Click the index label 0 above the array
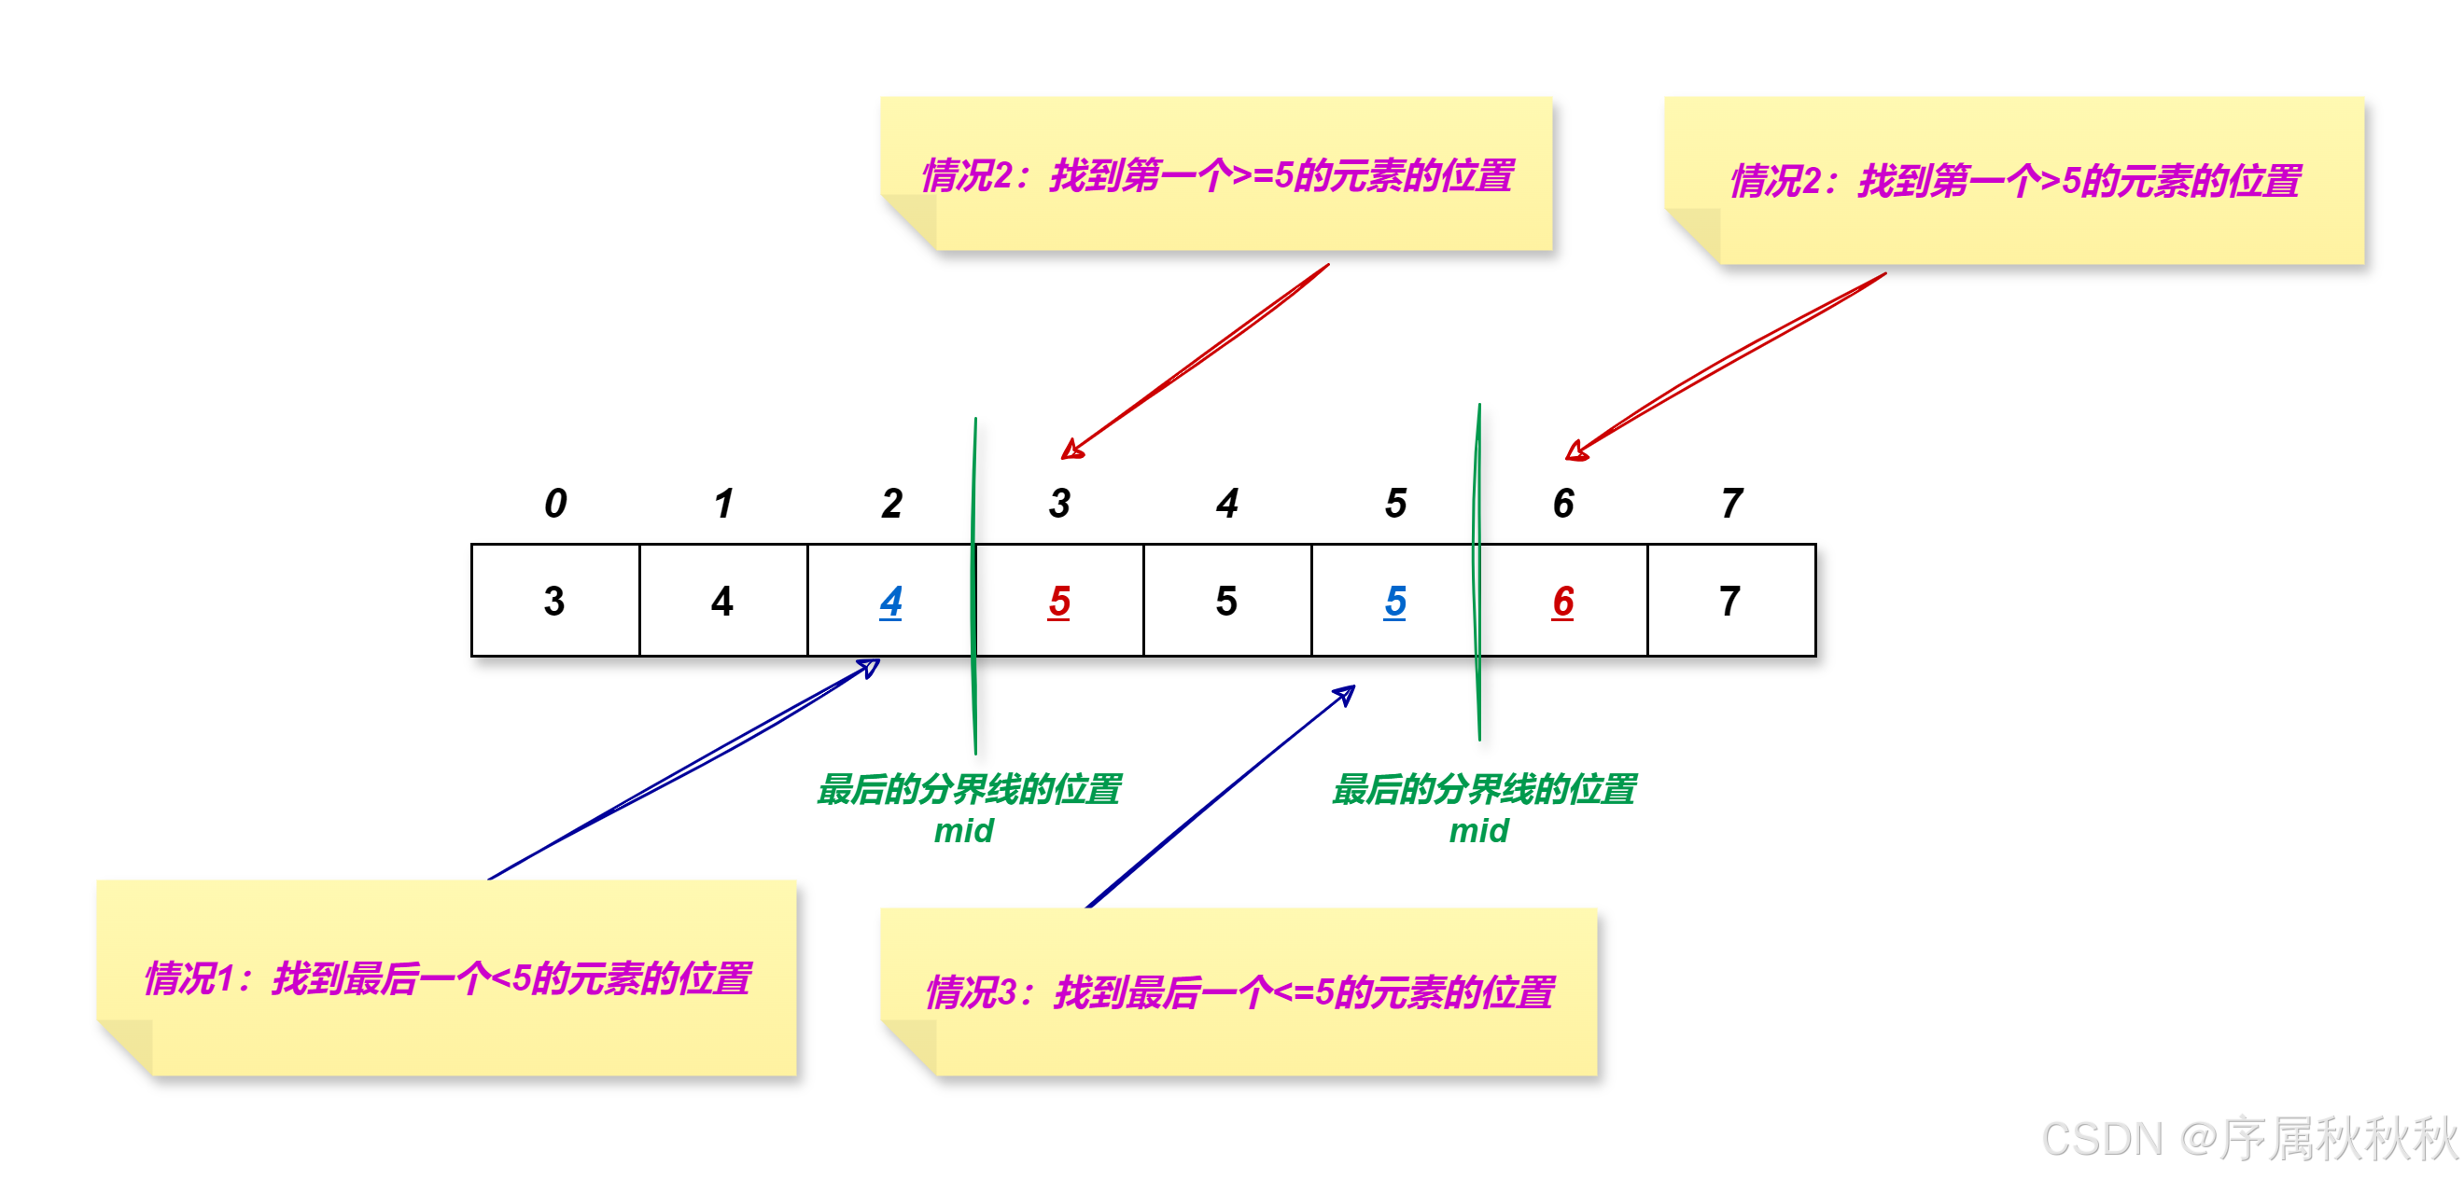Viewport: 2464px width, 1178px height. (x=555, y=503)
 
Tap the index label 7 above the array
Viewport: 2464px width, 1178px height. (x=1731, y=503)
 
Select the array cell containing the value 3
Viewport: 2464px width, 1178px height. (x=554, y=602)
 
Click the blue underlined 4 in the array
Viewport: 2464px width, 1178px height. (x=890, y=602)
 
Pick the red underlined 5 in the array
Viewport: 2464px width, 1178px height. (x=1059, y=602)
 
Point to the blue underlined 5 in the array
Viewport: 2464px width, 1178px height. (x=1394, y=602)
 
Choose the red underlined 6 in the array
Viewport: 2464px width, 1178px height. (x=1563, y=602)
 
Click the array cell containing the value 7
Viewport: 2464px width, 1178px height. (x=1729, y=602)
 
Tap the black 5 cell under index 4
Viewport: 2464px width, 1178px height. (x=1226, y=602)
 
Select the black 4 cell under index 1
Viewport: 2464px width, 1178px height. (x=722, y=602)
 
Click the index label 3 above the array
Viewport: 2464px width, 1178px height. (x=1059, y=503)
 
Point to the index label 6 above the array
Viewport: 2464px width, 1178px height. (x=1563, y=503)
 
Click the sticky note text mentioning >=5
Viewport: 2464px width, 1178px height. (x=1217, y=176)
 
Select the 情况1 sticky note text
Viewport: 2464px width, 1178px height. (x=448, y=978)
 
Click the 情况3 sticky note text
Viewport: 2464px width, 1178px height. (x=1239, y=992)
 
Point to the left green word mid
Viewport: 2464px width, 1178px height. (x=963, y=831)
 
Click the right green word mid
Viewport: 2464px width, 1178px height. (x=1478, y=831)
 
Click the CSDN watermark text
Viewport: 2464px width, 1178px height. (x=2247, y=1139)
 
